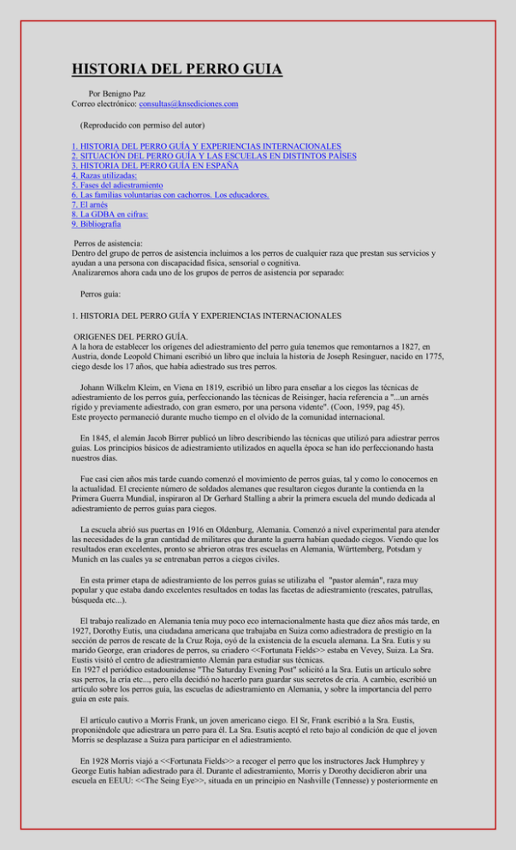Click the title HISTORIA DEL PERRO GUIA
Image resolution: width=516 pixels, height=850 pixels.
177,69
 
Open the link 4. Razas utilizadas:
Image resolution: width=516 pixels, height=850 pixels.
104,175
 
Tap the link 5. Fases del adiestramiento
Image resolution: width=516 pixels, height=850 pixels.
121,185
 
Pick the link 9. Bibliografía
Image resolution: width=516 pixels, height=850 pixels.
97,224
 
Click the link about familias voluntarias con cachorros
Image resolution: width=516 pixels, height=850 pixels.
171,195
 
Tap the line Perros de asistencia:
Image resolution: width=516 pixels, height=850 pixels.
109,244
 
